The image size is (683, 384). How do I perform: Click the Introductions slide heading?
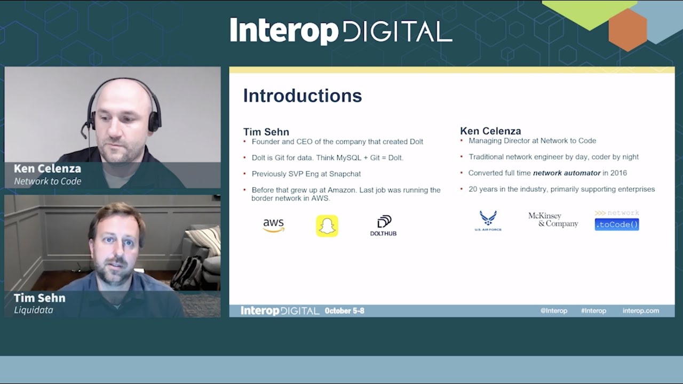tap(303, 95)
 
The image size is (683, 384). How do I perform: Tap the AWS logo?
tap(273, 226)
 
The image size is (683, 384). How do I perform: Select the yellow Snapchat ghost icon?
tap(327, 226)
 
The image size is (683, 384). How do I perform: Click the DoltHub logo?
tap(383, 226)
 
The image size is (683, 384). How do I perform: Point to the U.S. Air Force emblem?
tap(488, 220)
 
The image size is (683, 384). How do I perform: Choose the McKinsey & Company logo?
tap(553, 220)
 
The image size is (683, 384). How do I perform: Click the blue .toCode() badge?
tap(617, 225)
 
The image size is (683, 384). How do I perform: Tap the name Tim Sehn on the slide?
tap(266, 132)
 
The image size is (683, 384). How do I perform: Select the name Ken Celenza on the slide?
tap(490, 131)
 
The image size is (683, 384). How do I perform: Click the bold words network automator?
tap(567, 173)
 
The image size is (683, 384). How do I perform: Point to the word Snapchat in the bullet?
tap(345, 174)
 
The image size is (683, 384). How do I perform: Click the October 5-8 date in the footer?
tap(344, 311)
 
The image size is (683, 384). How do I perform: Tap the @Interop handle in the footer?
tap(553, 311)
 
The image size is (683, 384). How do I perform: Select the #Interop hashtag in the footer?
tap(593, 311)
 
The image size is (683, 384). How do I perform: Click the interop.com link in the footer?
tap(640, 311)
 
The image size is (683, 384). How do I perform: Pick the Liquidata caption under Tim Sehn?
tap(33, 310)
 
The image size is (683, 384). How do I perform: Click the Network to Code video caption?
tap(47, 181)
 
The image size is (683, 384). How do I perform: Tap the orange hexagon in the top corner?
tap(628, 30)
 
